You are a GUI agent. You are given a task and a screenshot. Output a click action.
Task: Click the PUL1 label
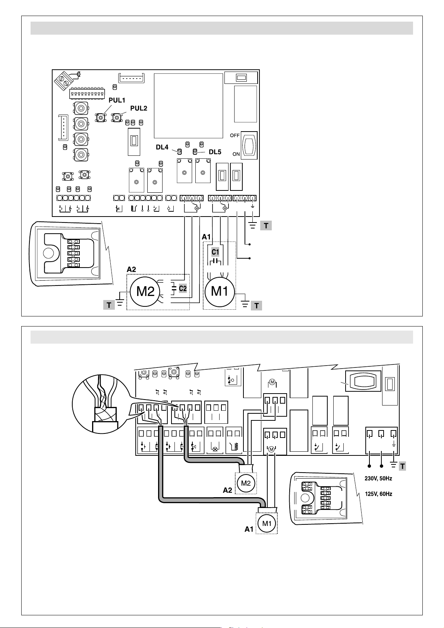point(117,100)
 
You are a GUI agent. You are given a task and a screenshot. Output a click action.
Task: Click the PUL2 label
point(138,108)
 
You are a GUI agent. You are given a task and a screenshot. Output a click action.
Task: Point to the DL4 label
point(162,147)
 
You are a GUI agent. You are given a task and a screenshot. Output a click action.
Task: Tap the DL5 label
point(215,152)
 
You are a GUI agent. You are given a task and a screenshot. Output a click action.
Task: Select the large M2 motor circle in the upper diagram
point(145,291)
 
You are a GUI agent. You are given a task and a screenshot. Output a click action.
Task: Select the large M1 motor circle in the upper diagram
point(220,291)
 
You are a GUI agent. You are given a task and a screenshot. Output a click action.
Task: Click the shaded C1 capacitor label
point(215,252)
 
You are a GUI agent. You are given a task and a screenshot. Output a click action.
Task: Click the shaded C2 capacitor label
point(182,288)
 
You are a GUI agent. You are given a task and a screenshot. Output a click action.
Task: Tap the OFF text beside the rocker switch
point(234,136)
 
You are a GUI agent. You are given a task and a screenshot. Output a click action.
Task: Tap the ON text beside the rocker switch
point(236,154)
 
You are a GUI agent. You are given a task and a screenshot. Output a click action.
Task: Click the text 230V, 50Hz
point(378,479)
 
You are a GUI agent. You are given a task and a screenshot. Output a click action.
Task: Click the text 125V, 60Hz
point(378,494)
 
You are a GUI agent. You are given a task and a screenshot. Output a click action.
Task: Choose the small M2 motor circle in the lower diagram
point(246,483)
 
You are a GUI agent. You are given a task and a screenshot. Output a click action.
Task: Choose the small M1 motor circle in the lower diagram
point(267,523)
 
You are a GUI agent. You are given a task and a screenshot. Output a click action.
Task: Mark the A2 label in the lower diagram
point(228,490)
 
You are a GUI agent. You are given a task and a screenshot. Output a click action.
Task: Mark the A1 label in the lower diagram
point(249,529)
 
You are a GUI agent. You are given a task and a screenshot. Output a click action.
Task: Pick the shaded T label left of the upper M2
point(109,306)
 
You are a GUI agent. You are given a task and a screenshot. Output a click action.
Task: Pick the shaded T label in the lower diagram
point(402,466)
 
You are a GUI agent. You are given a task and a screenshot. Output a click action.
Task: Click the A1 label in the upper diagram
point(206,237)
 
